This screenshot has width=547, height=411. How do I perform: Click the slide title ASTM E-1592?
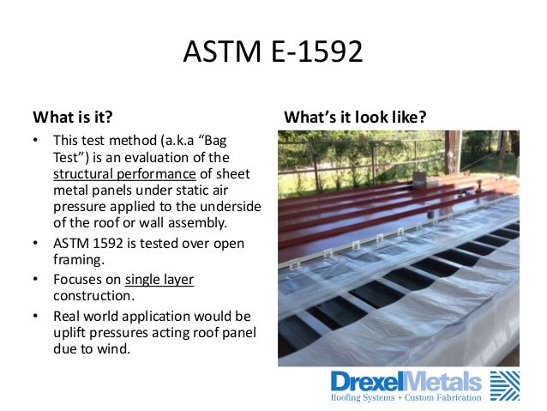point(273,54)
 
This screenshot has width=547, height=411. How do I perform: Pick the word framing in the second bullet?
point(76,259)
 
